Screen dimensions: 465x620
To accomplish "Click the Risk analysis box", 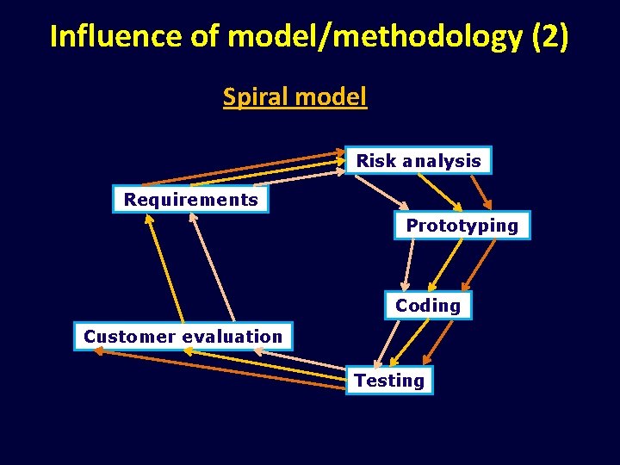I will [418, 161].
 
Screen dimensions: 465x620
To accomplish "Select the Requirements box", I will [190, 200].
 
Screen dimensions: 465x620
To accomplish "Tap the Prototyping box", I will [462, 226].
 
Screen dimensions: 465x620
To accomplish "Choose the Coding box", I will [428, 306].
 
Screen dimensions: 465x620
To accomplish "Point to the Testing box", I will [389, 381].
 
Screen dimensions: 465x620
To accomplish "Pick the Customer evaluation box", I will [183, 337].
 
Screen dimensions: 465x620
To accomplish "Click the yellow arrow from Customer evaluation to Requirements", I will [164, 268].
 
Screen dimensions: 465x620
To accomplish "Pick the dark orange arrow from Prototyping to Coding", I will [480, 264].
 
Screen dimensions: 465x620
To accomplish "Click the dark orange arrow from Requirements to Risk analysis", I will [241, 169].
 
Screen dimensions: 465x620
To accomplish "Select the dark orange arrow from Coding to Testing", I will [438, 341].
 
